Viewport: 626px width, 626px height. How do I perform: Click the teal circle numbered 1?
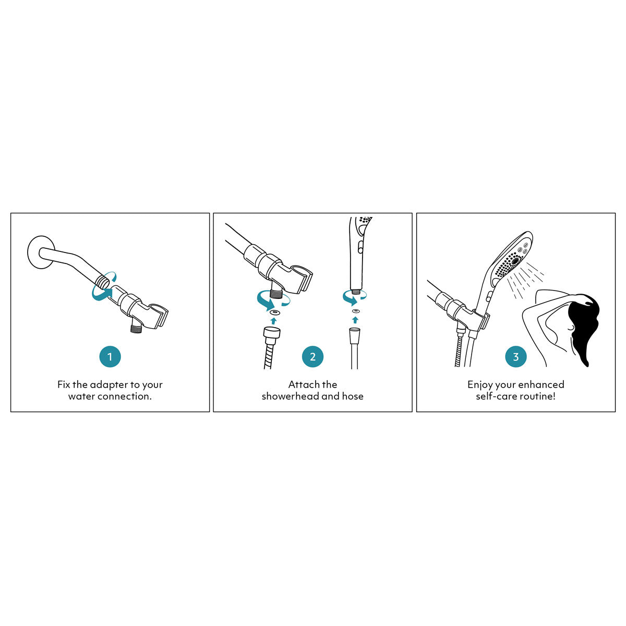[x=110, y=357]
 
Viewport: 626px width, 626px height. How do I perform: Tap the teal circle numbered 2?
[x=312, y=357]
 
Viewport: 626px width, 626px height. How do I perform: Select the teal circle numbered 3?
[x=516, y=357]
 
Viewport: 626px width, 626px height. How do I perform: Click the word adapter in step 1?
[x=109, y=385]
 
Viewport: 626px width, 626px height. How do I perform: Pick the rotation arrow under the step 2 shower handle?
[x=354, y=297]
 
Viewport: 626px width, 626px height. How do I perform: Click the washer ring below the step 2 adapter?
[x=273, y=311]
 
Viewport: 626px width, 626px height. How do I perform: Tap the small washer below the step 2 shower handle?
[x=355, y=311]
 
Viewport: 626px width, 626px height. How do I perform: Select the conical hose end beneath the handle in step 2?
[x=355, y=333]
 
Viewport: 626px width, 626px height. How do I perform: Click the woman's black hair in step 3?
[x=584, y=323]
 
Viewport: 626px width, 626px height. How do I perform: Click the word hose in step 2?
[x=353, y=396]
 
